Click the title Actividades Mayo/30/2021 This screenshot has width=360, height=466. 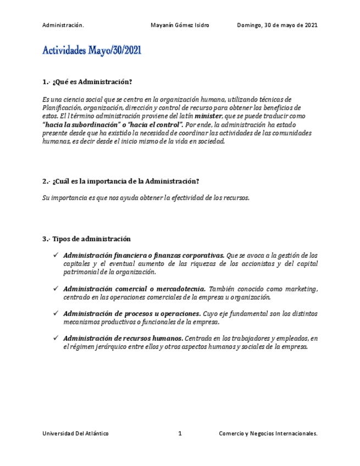click(92, 51)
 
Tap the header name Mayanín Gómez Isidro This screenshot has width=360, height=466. click(180, 25)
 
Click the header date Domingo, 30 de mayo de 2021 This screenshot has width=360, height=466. click(277, 25)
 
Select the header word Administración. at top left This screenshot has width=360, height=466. click(63, 25)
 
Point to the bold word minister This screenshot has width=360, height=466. click(209, 116)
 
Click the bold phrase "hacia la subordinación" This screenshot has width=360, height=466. click(81, 125)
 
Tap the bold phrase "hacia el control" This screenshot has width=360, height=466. click(153, 125)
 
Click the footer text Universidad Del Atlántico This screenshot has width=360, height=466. click(75, 434)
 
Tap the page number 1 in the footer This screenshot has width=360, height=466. click(180, 434)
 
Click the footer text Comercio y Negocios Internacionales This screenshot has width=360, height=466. click(268, 434)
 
